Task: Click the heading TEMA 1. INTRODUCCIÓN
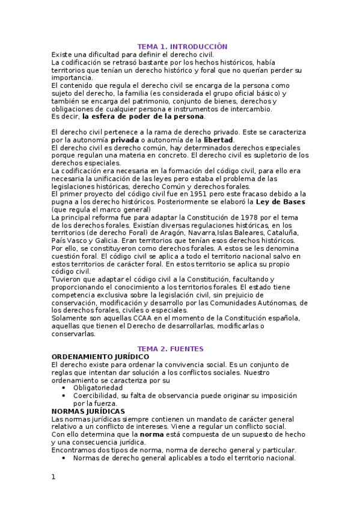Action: coord(182,46)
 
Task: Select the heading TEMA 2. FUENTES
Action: coord(170,349)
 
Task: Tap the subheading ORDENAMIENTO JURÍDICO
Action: coord(100,357)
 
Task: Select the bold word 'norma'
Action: coord(152,434)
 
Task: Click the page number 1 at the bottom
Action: coord(53,478)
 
